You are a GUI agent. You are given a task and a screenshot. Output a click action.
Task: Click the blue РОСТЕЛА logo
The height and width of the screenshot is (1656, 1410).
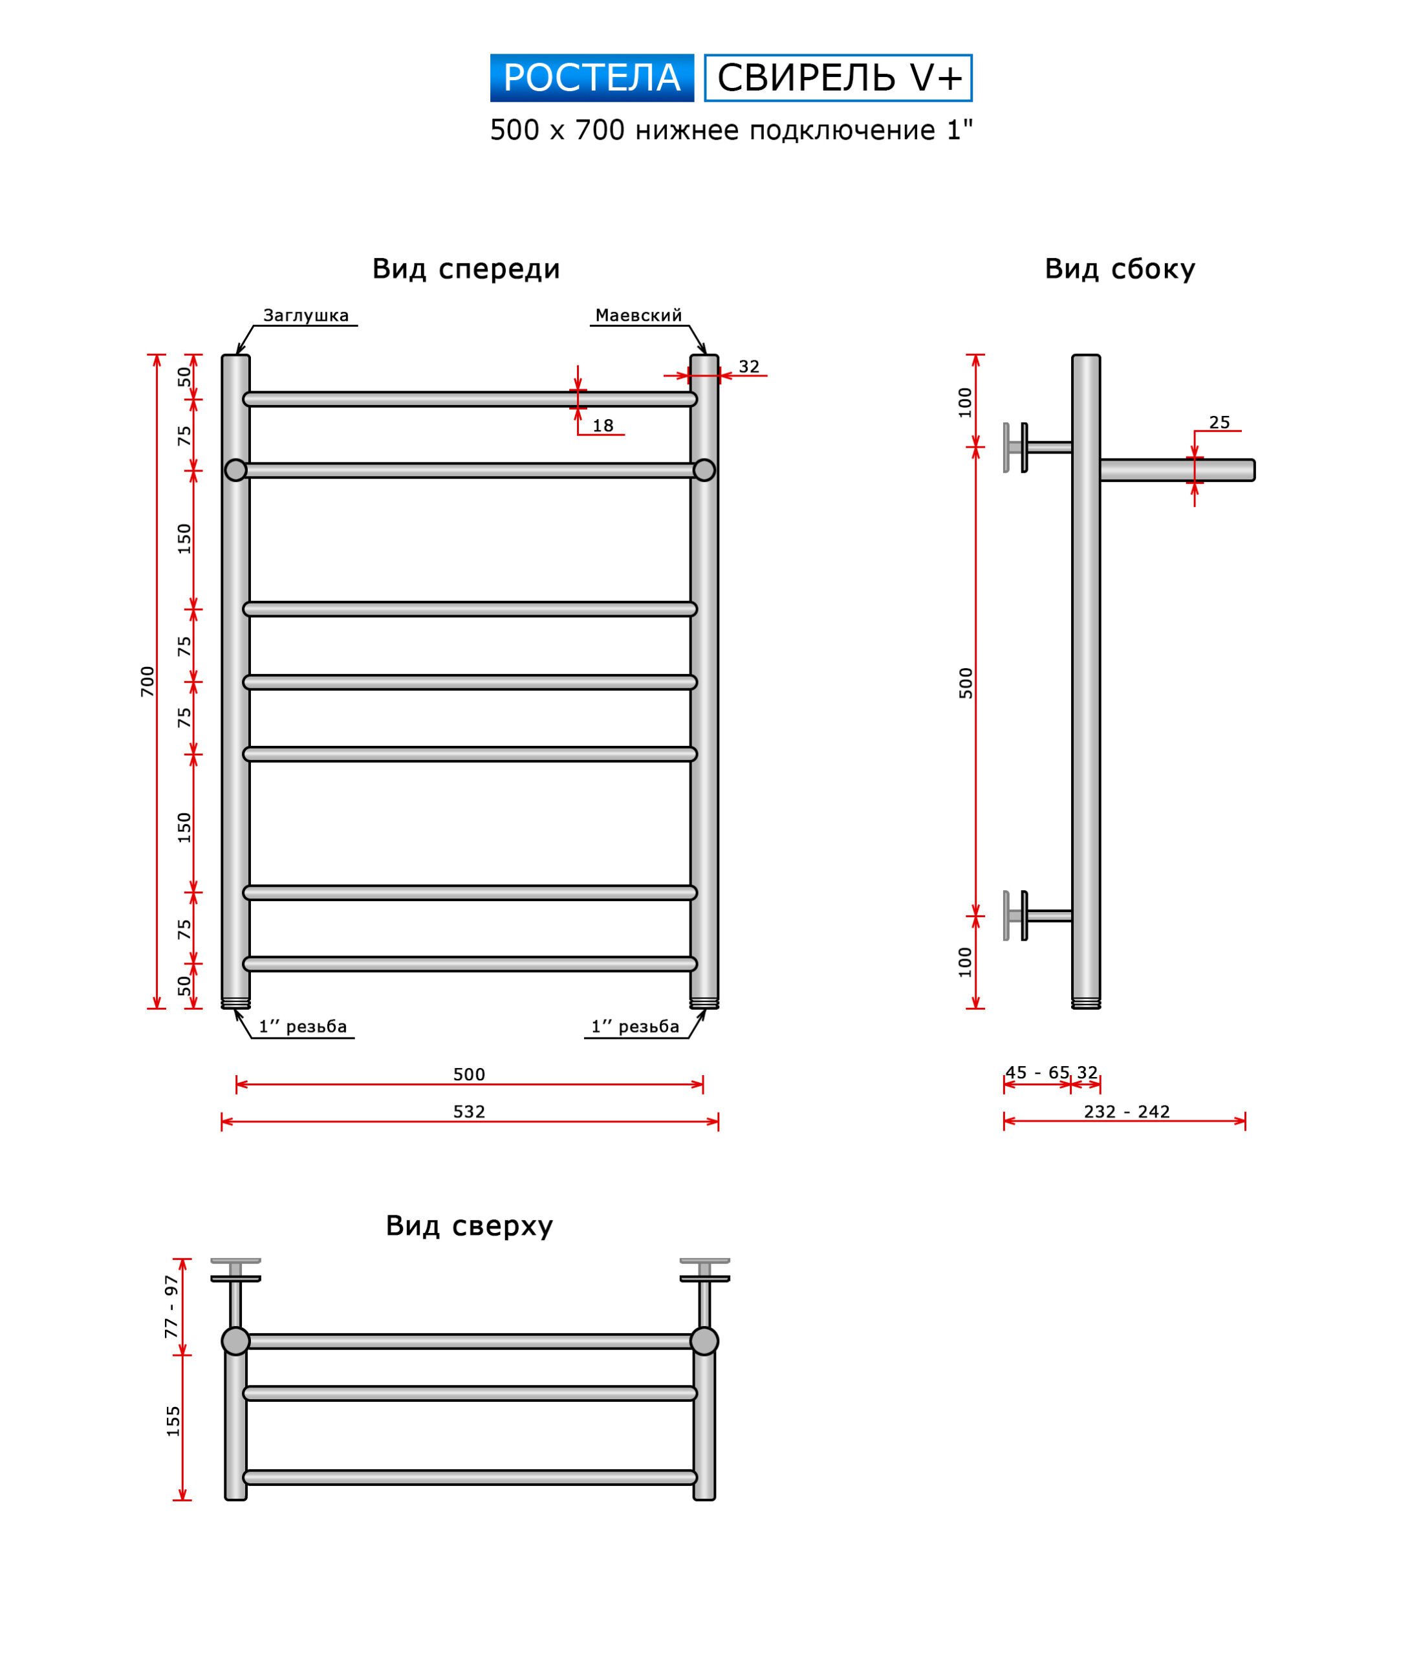592,78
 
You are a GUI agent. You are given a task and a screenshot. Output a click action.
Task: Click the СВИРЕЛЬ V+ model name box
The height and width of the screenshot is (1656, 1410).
838,78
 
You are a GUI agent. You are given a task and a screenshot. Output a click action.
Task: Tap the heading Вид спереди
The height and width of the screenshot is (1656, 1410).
466,268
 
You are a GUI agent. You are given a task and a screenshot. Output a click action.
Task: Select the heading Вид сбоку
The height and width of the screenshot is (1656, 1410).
1119,268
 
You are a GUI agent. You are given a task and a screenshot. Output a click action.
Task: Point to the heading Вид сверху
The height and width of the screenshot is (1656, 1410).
469,1225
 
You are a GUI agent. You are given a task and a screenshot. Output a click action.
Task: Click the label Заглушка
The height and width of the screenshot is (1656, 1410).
305,315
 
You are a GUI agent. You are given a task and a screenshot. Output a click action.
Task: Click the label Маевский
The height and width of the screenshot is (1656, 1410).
638,315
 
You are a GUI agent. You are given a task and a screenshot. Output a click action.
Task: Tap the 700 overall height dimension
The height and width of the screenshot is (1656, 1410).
147,681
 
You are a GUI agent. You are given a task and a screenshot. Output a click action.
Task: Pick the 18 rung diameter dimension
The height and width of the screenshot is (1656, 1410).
603,425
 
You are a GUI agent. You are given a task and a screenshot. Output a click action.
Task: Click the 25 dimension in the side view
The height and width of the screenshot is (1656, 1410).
1219,422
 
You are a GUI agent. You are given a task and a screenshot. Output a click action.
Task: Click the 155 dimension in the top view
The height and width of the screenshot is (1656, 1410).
173,1422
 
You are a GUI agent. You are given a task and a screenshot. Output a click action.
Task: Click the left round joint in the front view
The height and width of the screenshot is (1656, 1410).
236,470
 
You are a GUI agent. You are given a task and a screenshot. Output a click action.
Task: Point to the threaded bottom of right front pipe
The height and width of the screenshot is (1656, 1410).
704,1004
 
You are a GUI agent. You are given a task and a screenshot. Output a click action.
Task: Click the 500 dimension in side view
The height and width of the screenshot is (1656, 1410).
966,682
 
